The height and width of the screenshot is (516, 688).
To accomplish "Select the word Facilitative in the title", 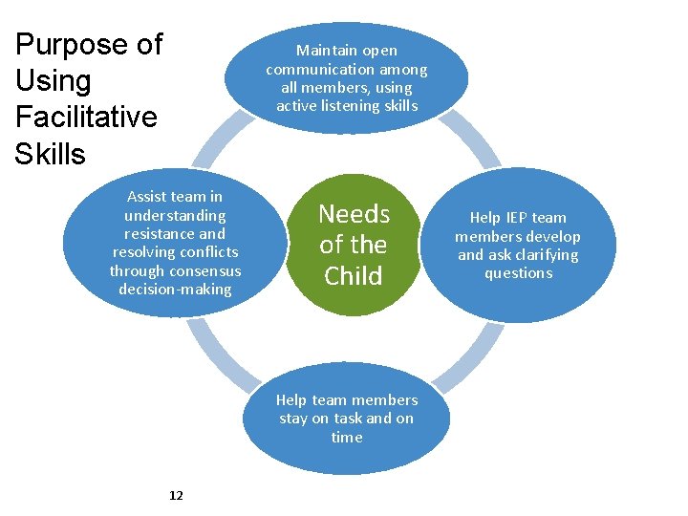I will coord(86,118).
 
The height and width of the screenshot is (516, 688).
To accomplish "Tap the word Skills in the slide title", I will coord(50,154).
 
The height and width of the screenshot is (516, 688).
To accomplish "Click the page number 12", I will coord(176,495).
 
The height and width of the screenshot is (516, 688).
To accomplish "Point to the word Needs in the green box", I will coord(354,214).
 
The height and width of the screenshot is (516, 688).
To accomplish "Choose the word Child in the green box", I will coord(354,276).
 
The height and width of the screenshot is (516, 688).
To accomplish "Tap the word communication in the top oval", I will coord(321,69).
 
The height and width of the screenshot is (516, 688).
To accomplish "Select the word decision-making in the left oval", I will coord(175,289).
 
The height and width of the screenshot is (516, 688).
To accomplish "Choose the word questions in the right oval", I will coord(518,273).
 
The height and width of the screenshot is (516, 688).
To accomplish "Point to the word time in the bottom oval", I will coord(347,438).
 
